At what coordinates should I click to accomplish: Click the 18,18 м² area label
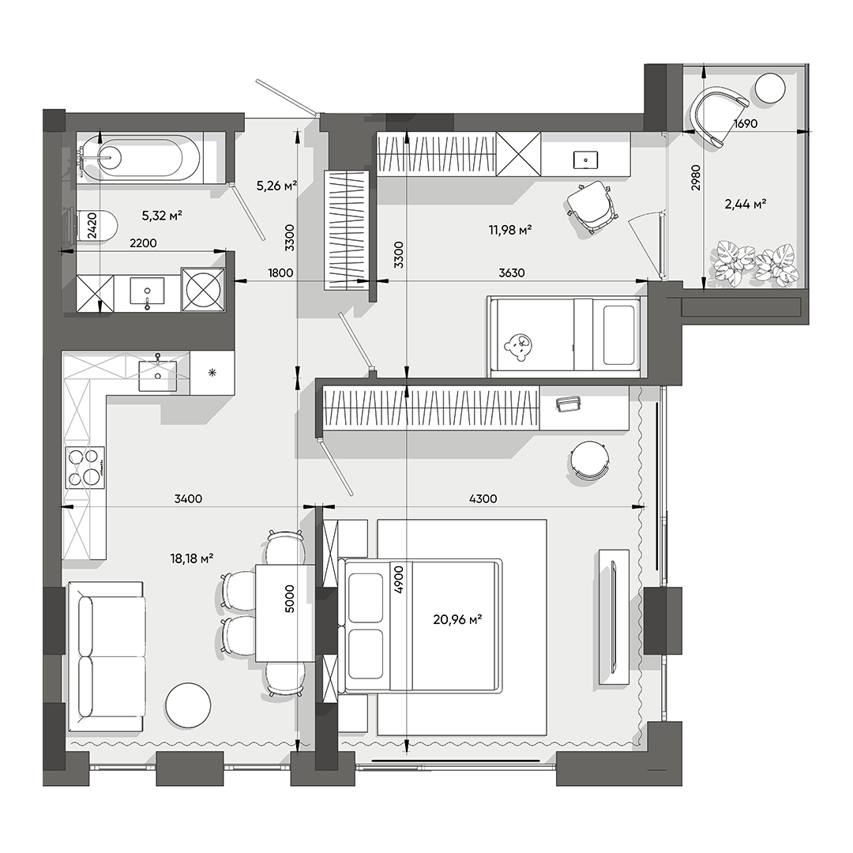coord(192,558)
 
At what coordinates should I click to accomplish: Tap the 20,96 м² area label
coord(457,620)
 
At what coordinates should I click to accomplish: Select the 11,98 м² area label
coord(509,230)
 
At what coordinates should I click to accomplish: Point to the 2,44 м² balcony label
coord(745,205)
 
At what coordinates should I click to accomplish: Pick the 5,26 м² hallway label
coord(276,186)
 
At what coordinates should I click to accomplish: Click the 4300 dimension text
coord(483,498)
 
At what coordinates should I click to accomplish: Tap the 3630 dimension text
coord(512,273)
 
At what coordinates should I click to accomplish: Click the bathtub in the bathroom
coord(141,158)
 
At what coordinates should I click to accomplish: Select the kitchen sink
coord(158,374)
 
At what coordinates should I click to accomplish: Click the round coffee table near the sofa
coord(188,704)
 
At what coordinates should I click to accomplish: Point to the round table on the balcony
coord(770,88)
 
